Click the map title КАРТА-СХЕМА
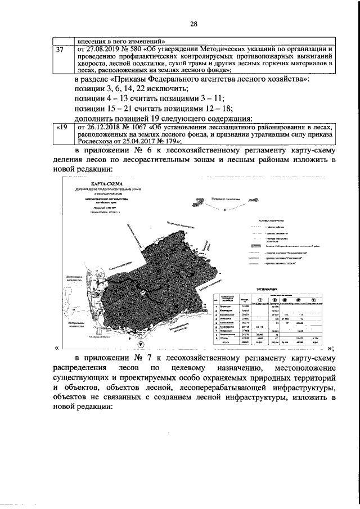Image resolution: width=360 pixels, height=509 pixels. (100, 184)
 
